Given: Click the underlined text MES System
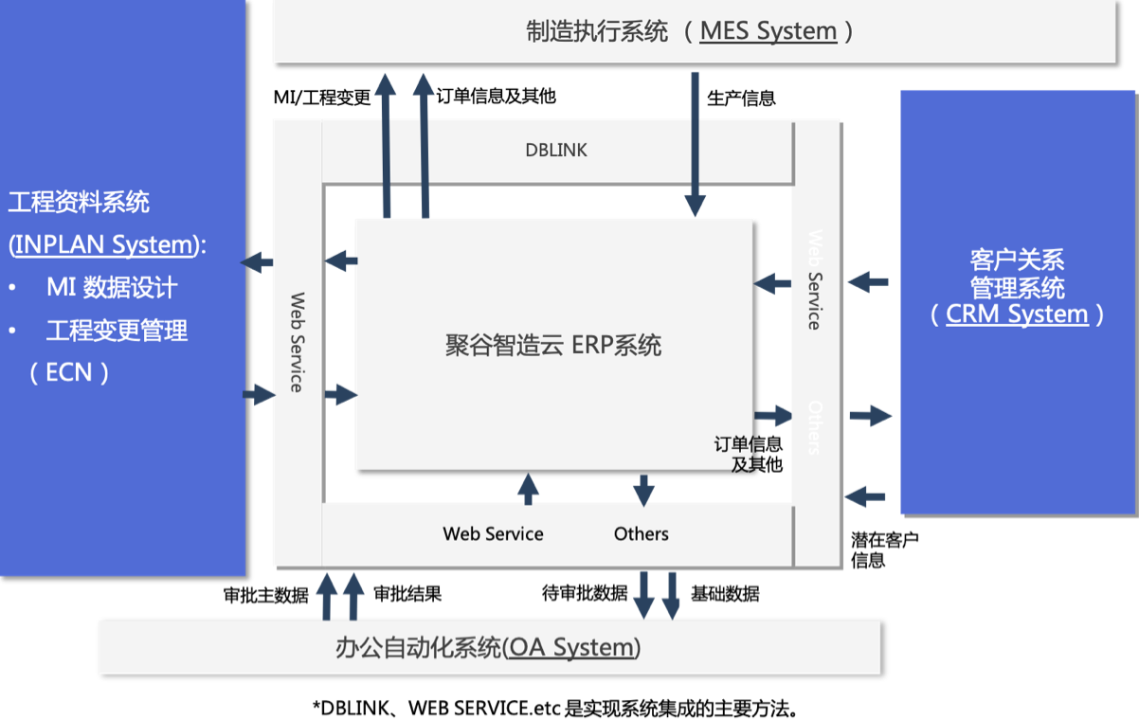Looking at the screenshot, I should pos(768,31).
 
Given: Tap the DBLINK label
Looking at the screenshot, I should pos(556,150).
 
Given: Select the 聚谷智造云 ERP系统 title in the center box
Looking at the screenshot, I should pos(553,345).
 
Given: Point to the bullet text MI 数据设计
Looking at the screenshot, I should pos(112,287).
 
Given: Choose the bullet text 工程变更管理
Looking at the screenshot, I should pos(117,330).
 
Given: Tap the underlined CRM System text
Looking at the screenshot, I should pos(1017,314).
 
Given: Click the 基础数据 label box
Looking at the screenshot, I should pos(725,594).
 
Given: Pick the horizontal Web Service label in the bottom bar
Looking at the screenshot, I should pos(493,533).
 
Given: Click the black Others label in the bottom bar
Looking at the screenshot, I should pos(641,533).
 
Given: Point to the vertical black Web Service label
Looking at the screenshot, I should pos(297,342).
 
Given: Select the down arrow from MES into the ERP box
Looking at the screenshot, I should pos(696,142).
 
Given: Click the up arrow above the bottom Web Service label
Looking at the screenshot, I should pos(528,488).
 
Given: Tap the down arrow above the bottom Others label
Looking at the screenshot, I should pos(644,490).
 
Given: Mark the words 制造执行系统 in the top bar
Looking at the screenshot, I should pos(597,31).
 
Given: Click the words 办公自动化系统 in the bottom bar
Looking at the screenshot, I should pos(417,648).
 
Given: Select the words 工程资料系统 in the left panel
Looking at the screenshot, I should pos(79,202).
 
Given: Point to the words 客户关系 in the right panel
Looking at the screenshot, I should pos(1017,259).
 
